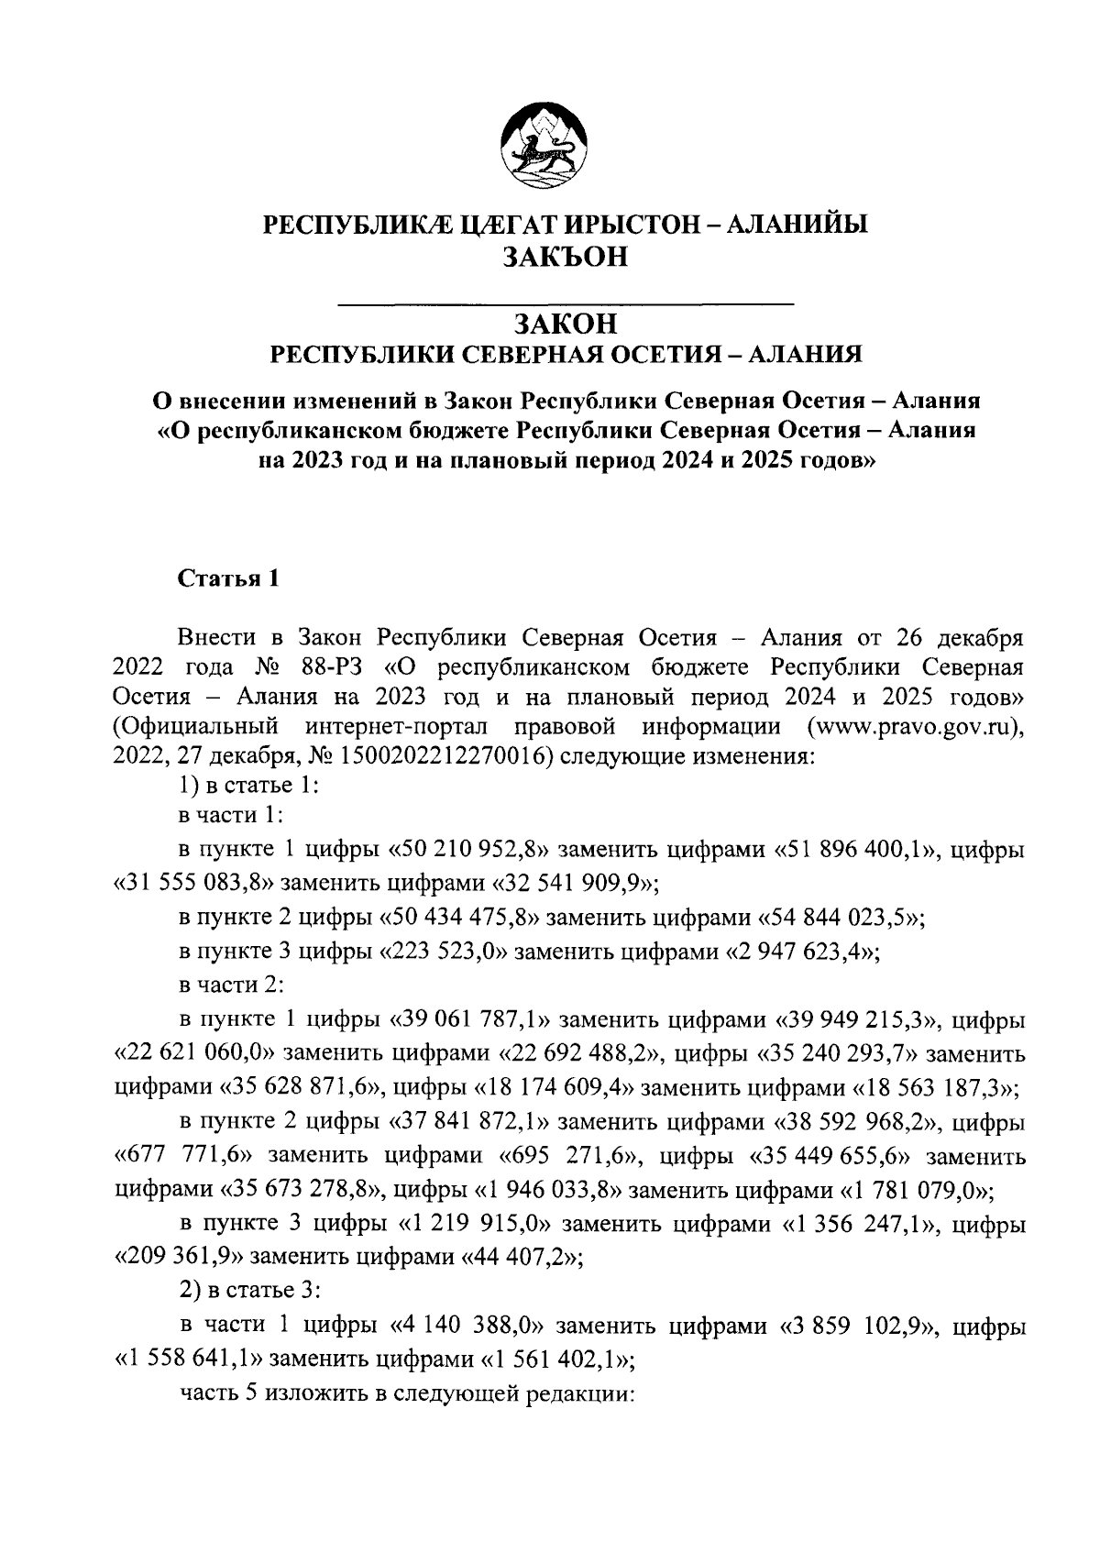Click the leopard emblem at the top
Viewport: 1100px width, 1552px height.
point(543,147)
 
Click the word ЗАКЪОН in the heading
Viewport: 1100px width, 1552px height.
point(565,258)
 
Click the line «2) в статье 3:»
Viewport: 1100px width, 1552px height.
point(248,1291)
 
